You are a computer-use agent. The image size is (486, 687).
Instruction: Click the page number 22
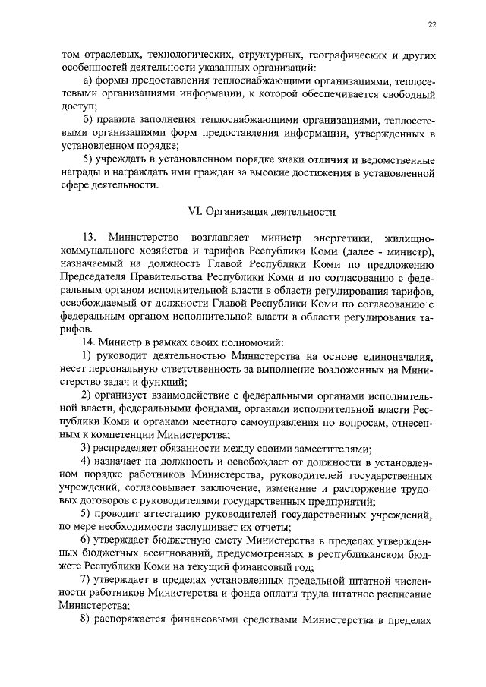click(x=431, y=24)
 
